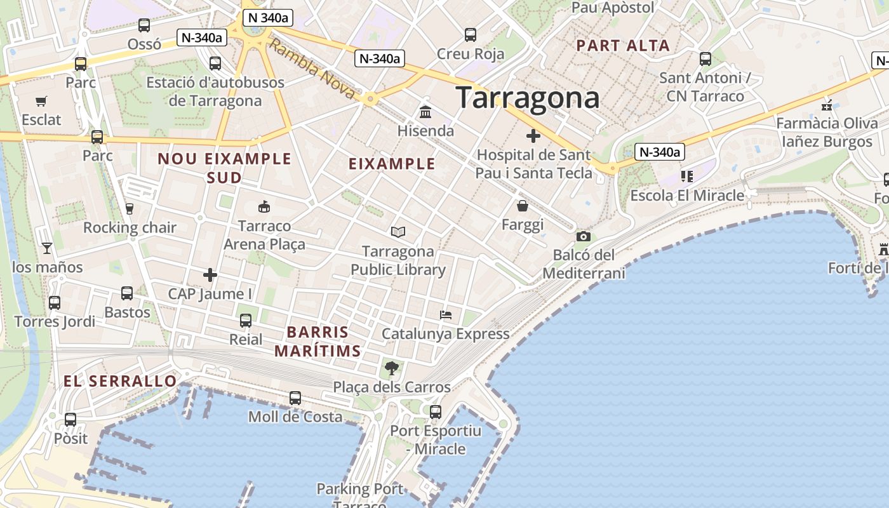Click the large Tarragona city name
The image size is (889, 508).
[528, 98]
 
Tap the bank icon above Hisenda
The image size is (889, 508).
[425, 112]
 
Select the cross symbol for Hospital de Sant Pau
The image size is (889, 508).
[533, 135]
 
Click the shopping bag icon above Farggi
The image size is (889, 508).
[523, 206]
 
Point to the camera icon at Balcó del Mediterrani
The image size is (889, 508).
[583, 236]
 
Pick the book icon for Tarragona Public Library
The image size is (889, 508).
[398, 232]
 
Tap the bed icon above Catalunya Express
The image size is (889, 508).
[446, 314]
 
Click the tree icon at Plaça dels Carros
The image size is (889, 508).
[392, 368]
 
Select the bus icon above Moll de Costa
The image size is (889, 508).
[295, 398]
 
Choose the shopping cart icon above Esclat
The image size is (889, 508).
[41, 101]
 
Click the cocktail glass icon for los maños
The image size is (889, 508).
[47, 248]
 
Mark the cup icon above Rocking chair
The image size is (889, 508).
[130, 208]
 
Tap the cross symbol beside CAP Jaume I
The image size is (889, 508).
[210, 275]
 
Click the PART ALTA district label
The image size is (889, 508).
[622, 46]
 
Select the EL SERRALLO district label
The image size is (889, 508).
[120, 381]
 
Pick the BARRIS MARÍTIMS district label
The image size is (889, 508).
[317, 341]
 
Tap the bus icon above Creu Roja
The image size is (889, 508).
[471, 35]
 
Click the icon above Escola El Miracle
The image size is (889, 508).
[686, 176]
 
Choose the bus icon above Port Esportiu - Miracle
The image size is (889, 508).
[436, 411]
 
